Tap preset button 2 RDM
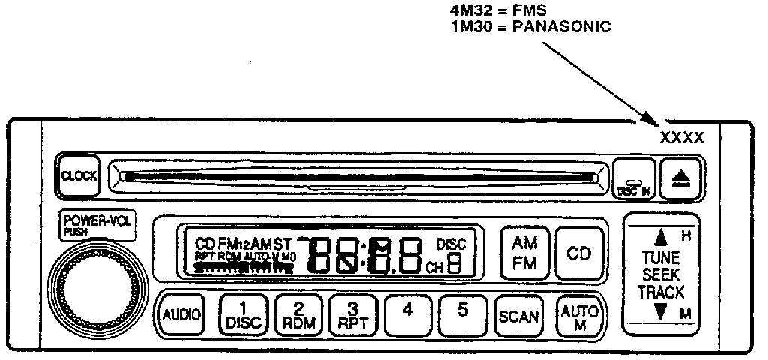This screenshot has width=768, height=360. click(x=298, y=315)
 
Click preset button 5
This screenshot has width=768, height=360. click(x=462, y=315)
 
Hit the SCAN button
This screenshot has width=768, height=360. click(x=518, y=316)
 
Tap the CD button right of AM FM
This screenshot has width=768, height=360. click(x=578, y=253)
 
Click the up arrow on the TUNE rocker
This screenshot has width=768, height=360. click(x=660, y=238)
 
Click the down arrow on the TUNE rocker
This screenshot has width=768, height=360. click(x=660, y=313)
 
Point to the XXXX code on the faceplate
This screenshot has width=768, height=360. click(x=682, y=138)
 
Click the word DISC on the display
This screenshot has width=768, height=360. click(x=450, y=244)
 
